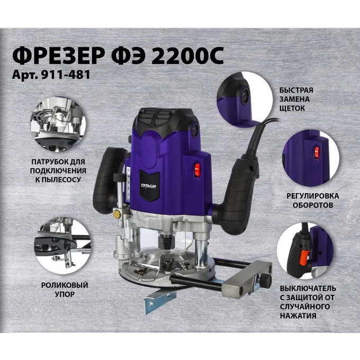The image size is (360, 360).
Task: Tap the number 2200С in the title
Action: click(x=187, y=57)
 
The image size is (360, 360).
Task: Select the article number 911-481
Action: click(x=65, y=75)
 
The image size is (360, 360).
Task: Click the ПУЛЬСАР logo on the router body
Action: click(x=148, y=186)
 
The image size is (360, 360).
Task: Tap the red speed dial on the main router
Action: click(x=197, y=170)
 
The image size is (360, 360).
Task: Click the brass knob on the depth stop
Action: click(x=117, y=214)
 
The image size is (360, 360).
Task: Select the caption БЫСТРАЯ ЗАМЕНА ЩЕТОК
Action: click(x=296, y=99)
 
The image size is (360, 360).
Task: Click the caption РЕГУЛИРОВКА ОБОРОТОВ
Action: click(x=312, y=201)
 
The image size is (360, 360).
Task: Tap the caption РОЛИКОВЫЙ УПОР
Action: click(x=65, y=290)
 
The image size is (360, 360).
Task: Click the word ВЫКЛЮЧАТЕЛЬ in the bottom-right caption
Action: click(x=308, y=289)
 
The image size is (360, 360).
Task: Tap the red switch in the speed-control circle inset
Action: click(x=317, y=152)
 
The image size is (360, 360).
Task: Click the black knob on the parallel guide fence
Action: click(x=266, y=280)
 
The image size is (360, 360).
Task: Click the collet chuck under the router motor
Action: click(x=165, y=241)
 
